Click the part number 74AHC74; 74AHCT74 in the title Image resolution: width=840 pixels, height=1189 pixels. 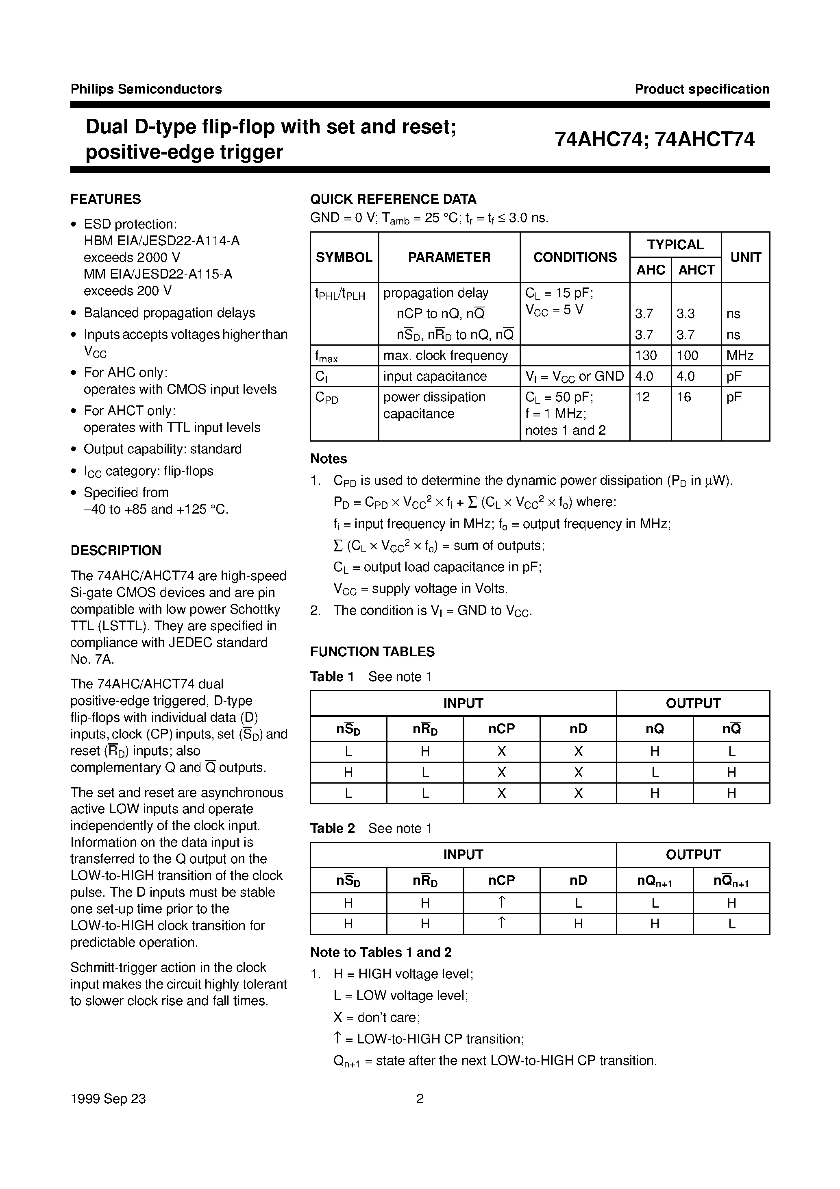[x=655, y=139]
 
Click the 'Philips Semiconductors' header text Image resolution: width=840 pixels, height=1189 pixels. [x=146, y=89]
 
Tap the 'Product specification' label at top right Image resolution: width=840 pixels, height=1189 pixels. [x=702, y=89]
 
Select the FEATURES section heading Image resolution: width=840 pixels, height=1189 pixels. [x=106, y=199]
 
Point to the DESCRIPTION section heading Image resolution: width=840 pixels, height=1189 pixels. [x=115, y=551]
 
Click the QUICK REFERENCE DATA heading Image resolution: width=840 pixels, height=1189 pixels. [x=393, y=199]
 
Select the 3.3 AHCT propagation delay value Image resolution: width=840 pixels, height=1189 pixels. [x=685, y=314]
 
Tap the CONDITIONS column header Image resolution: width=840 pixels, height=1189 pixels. [x=575, y=257]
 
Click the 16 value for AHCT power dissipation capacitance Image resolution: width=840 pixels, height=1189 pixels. [x=683, y=397]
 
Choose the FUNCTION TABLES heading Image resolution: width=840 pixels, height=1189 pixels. [x=372, y=652]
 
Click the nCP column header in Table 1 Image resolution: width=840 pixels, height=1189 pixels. [x=501, y=729]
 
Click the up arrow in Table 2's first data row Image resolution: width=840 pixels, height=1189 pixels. [x=501, y=903]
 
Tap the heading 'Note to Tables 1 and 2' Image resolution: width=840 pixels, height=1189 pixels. [x=381, y=952]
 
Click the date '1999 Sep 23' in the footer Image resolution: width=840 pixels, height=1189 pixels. [x=108, y=1099]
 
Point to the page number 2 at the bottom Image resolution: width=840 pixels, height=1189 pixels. [x=420, y=1099]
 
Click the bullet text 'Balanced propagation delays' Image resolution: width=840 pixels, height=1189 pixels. [x=170, y=313]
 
